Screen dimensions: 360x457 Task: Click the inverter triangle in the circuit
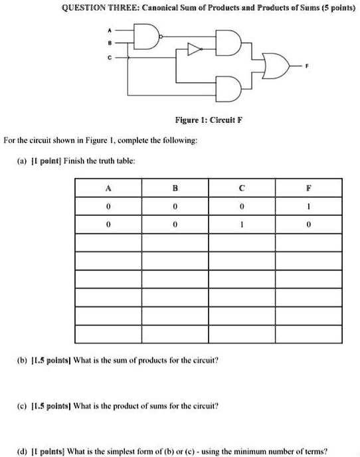(194, 48)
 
